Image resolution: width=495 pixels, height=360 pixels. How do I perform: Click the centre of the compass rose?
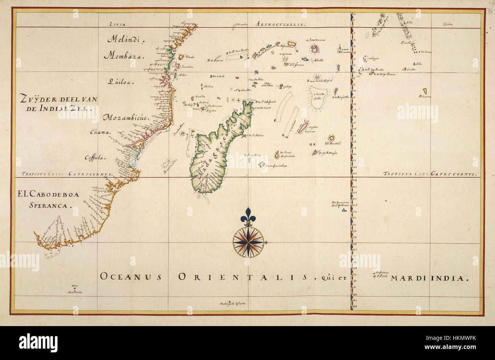click(248, 242)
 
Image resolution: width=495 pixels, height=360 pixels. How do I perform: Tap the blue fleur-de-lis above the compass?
click(248, 216)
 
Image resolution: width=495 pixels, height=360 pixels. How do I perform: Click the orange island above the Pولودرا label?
click(424, 91)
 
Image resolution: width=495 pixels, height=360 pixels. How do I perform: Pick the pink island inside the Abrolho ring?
click(314, 49)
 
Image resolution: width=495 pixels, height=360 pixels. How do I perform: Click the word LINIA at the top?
click(118, 24)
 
